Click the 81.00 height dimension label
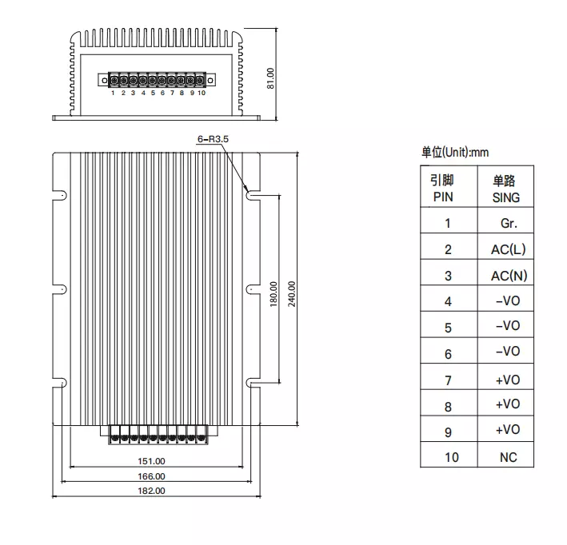pos(270,78)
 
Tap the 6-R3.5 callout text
pos(213,139)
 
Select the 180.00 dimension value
pos(274,294)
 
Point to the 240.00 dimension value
pos(292,294)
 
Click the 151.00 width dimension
pos(151,461)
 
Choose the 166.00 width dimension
pos(151,476)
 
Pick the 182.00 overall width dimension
pos(151,491)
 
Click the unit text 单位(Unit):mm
pos(455,152)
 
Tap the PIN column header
pos(443,197)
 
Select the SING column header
pos(506,197)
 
